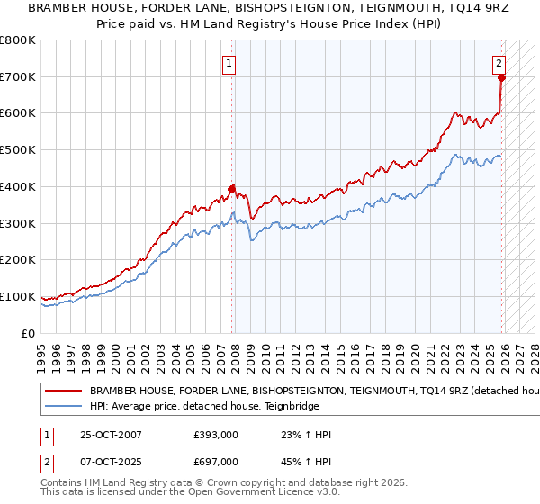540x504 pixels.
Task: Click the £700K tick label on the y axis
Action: [18, 76]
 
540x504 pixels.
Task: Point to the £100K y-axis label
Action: [18, 296]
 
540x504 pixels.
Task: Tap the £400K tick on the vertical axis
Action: [18, 186]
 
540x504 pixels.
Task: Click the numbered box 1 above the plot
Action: [230, 64]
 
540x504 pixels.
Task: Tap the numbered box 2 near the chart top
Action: [499, 63]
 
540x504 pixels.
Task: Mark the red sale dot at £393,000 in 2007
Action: [232, 189]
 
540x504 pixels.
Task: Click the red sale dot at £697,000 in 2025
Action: [501, 77]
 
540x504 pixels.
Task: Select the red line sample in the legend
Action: [63, 392]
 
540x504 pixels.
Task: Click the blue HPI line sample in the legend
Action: [63, 407]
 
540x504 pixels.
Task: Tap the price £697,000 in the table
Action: [216, 461]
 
